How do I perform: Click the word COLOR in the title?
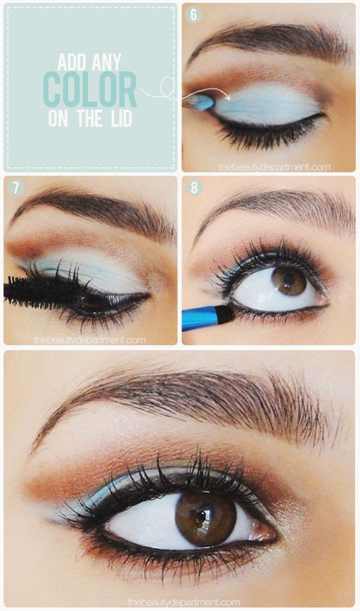coord(90,89)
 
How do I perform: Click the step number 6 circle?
coord(193,15)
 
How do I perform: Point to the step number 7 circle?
coord(15,188)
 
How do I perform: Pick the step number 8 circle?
coord(193,188)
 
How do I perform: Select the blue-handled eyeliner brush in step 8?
coord(208,317)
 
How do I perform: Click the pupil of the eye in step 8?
coord(289,279)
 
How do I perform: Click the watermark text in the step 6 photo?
coord(274,167)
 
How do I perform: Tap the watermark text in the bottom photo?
coord(184,602)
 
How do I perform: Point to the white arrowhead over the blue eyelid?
coord(227,94)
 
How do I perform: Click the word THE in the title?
coord(90,118)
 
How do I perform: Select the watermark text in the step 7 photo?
coord(89,340)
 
